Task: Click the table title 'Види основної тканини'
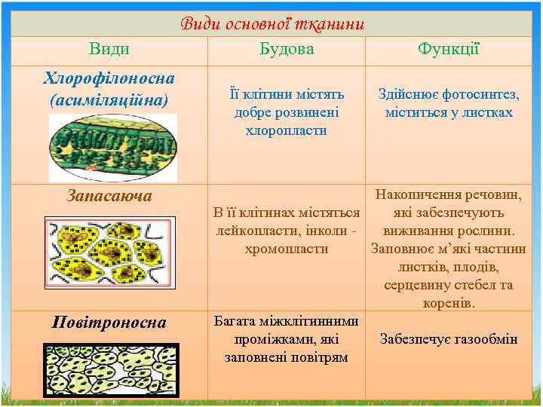272,24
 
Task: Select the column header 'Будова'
287,50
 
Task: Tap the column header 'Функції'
449,50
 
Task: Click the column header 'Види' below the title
109,50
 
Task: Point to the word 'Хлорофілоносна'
109,78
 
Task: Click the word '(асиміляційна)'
109,99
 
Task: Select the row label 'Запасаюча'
109,196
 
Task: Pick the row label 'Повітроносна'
109,323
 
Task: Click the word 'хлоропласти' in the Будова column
287,130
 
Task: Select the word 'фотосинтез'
483,94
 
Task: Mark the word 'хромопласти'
287,249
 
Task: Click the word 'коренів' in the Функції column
449,303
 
